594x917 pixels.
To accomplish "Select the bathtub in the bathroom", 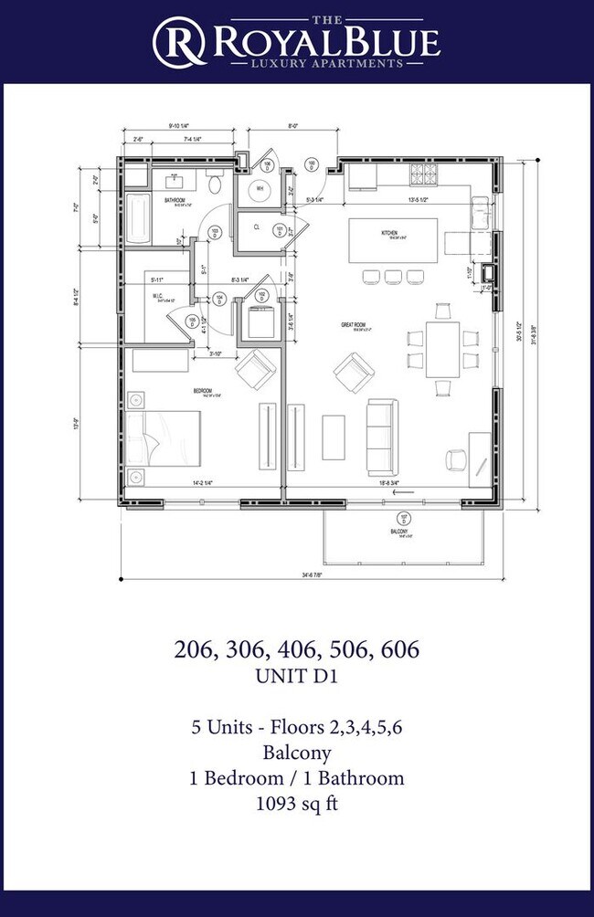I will click(x=139, y=216).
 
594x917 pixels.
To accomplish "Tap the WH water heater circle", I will click(x=260, y=188).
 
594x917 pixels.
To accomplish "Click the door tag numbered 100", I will click(x=311, y=165).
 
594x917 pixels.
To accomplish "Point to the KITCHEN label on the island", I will click(x=390, y=234).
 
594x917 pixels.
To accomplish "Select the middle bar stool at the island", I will click(x=393, y=276).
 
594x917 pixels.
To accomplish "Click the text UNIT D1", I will click(x=296, y=679).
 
